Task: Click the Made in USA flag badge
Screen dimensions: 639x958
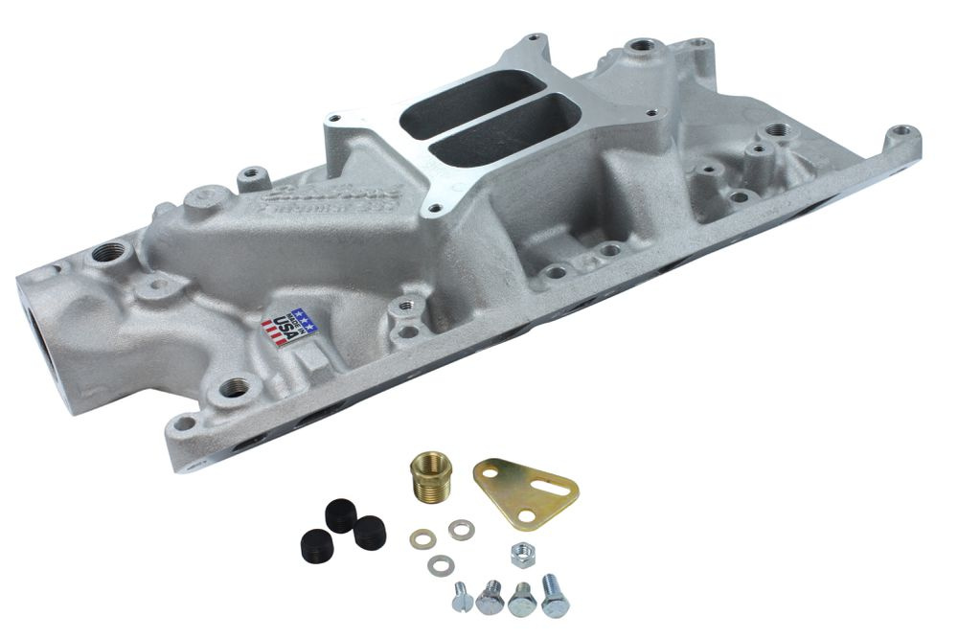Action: click(x=289, y=327)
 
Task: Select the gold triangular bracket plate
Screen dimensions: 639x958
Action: click(x=524, y=491)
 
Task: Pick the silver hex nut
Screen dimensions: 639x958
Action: click(x=522, y=553)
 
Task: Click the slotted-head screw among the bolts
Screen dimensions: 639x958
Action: click(x=460, y=596)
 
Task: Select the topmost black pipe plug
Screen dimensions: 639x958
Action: click(x=340, y=515)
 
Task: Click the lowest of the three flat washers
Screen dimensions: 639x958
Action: click(x=440, y=565)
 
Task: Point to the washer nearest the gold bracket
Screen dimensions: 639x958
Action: click(x=461, y=529)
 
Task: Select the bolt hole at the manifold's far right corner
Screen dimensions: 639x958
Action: click(x=900, y=132)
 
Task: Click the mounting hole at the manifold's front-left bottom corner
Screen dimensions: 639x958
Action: click(x=182, y=422)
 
